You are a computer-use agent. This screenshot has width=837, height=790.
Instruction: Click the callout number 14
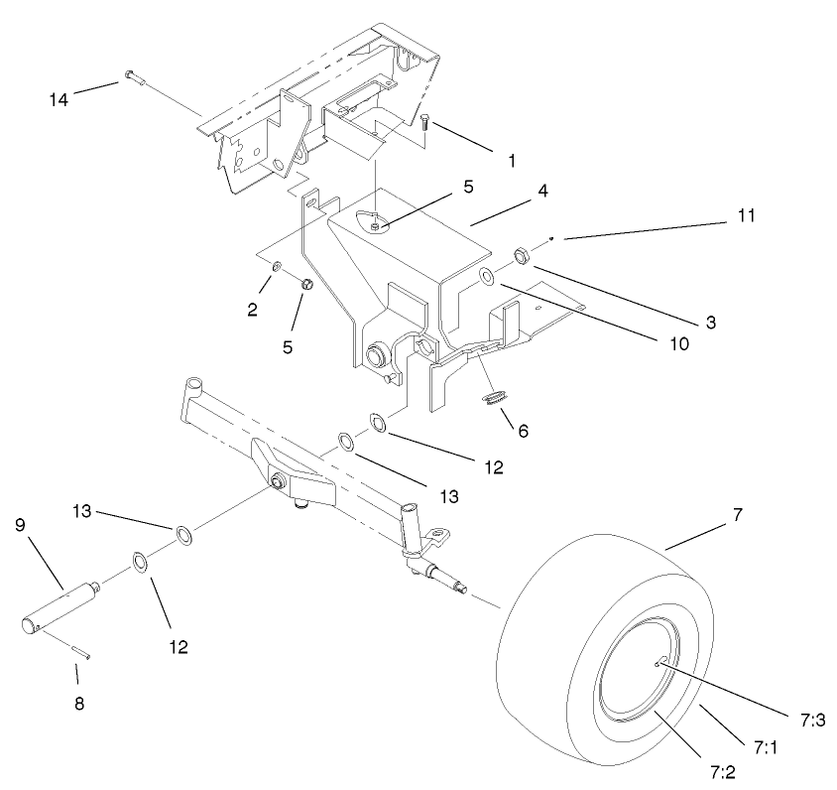coord(60,98)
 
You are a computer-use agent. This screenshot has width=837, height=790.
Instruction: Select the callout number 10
coord(677,344)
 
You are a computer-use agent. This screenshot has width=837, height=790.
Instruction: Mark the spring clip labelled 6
coord(494,399)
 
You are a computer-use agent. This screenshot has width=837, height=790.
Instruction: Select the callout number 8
coord(79,703)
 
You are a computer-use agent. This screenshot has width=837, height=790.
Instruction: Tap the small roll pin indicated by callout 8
coord(78,647)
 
